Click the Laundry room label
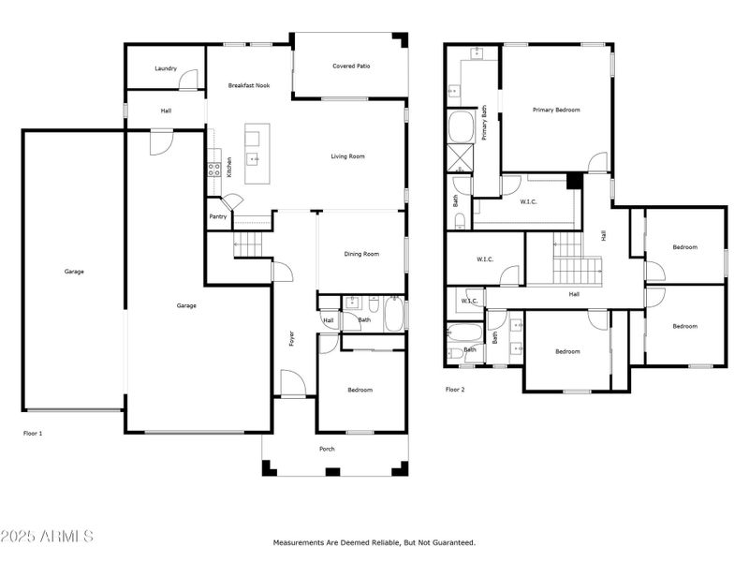tap(166, 68)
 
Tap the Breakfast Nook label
tap(249, 85)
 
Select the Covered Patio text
tap(349, 67)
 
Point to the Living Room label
tap(347, 156)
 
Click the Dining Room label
tap(361, 254)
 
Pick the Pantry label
tap(218, 216)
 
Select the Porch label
tap(327, 450)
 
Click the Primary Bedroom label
tap(556, 110)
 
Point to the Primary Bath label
tap(484, 123)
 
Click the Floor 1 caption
tap(33, 434)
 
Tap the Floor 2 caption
tap(455, 389)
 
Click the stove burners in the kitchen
tap(213, 170)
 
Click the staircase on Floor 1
tap(248, 245)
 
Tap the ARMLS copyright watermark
tap(47, 537)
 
